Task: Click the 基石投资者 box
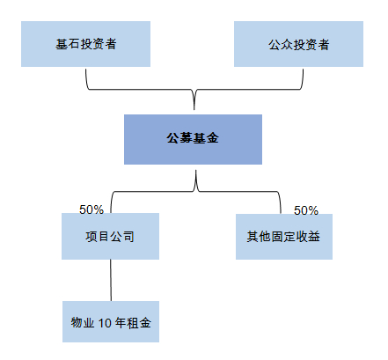click(84, 44)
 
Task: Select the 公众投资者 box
click(298, 44)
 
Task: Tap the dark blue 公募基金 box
click(193, 139)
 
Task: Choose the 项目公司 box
click(110, 236)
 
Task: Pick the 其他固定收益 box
click(283, 236)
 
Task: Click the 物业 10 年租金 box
click(110, 323)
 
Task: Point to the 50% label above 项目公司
click(92, 209)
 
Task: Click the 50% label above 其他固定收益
click(305, 210)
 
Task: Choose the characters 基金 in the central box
click(204, 139)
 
